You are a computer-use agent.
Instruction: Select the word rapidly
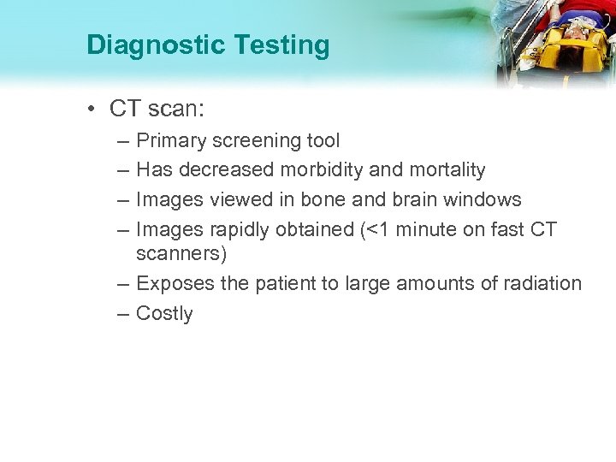pyautogui.click(x=235, y=229)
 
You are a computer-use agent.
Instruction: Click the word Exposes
pyautogui.click(x=171, y=283)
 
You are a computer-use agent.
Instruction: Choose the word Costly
pyautogui.click(x=164, y=314)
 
